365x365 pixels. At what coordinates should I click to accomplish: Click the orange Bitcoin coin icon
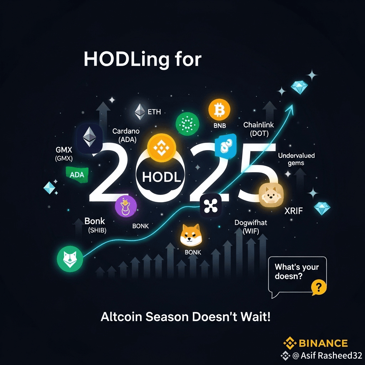[x=219, y=110]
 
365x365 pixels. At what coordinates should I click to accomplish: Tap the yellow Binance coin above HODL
[x=161, y=148]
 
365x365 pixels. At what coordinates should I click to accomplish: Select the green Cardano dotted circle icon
[x=187, y=124]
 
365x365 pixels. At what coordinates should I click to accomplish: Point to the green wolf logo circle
[x=70, y=259]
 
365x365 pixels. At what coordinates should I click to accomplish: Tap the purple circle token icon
[x=126, y=206]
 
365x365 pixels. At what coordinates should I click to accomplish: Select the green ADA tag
[x=77, y=175]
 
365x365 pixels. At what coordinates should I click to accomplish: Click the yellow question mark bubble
[x=319, y=287]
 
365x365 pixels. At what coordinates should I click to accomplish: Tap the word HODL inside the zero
[x=161, y=177]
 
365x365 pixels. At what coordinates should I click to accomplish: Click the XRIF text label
[x=294, y=211]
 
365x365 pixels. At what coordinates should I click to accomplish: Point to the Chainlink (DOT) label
[x=259, y=129]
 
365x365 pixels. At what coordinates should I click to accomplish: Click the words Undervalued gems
[x=296, y=159]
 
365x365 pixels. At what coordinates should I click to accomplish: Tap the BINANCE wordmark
[x=323, y=343]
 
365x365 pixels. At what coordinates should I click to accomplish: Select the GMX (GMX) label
[x=64, y=154]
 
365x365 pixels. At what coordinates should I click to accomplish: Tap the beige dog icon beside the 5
[x=271, y=195]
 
